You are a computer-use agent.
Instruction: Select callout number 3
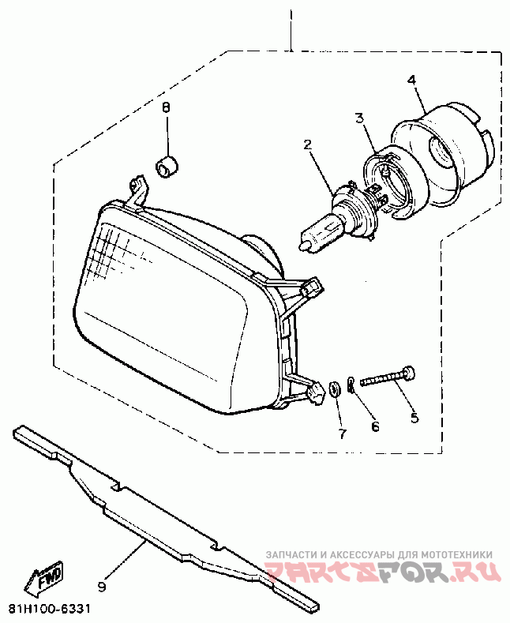click(359, 118)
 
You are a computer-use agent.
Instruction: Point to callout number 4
click(411, 79)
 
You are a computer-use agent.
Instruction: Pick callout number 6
click(376, 426)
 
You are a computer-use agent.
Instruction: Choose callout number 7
click(342, 433)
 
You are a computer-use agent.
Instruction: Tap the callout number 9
click(101, 587)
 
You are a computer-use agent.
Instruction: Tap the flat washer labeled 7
click(334, 387)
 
